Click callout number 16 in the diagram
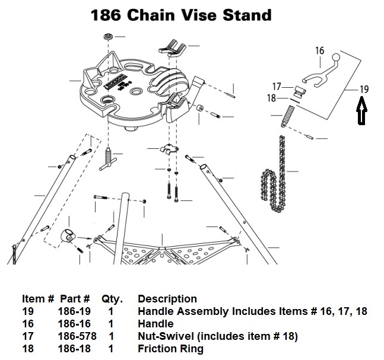[319, 50]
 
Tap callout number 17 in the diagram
[277, 87]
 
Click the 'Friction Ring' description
[170, 349]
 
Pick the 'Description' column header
[167, 298]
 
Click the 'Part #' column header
[74, 298]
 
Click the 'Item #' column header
[39, 298]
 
